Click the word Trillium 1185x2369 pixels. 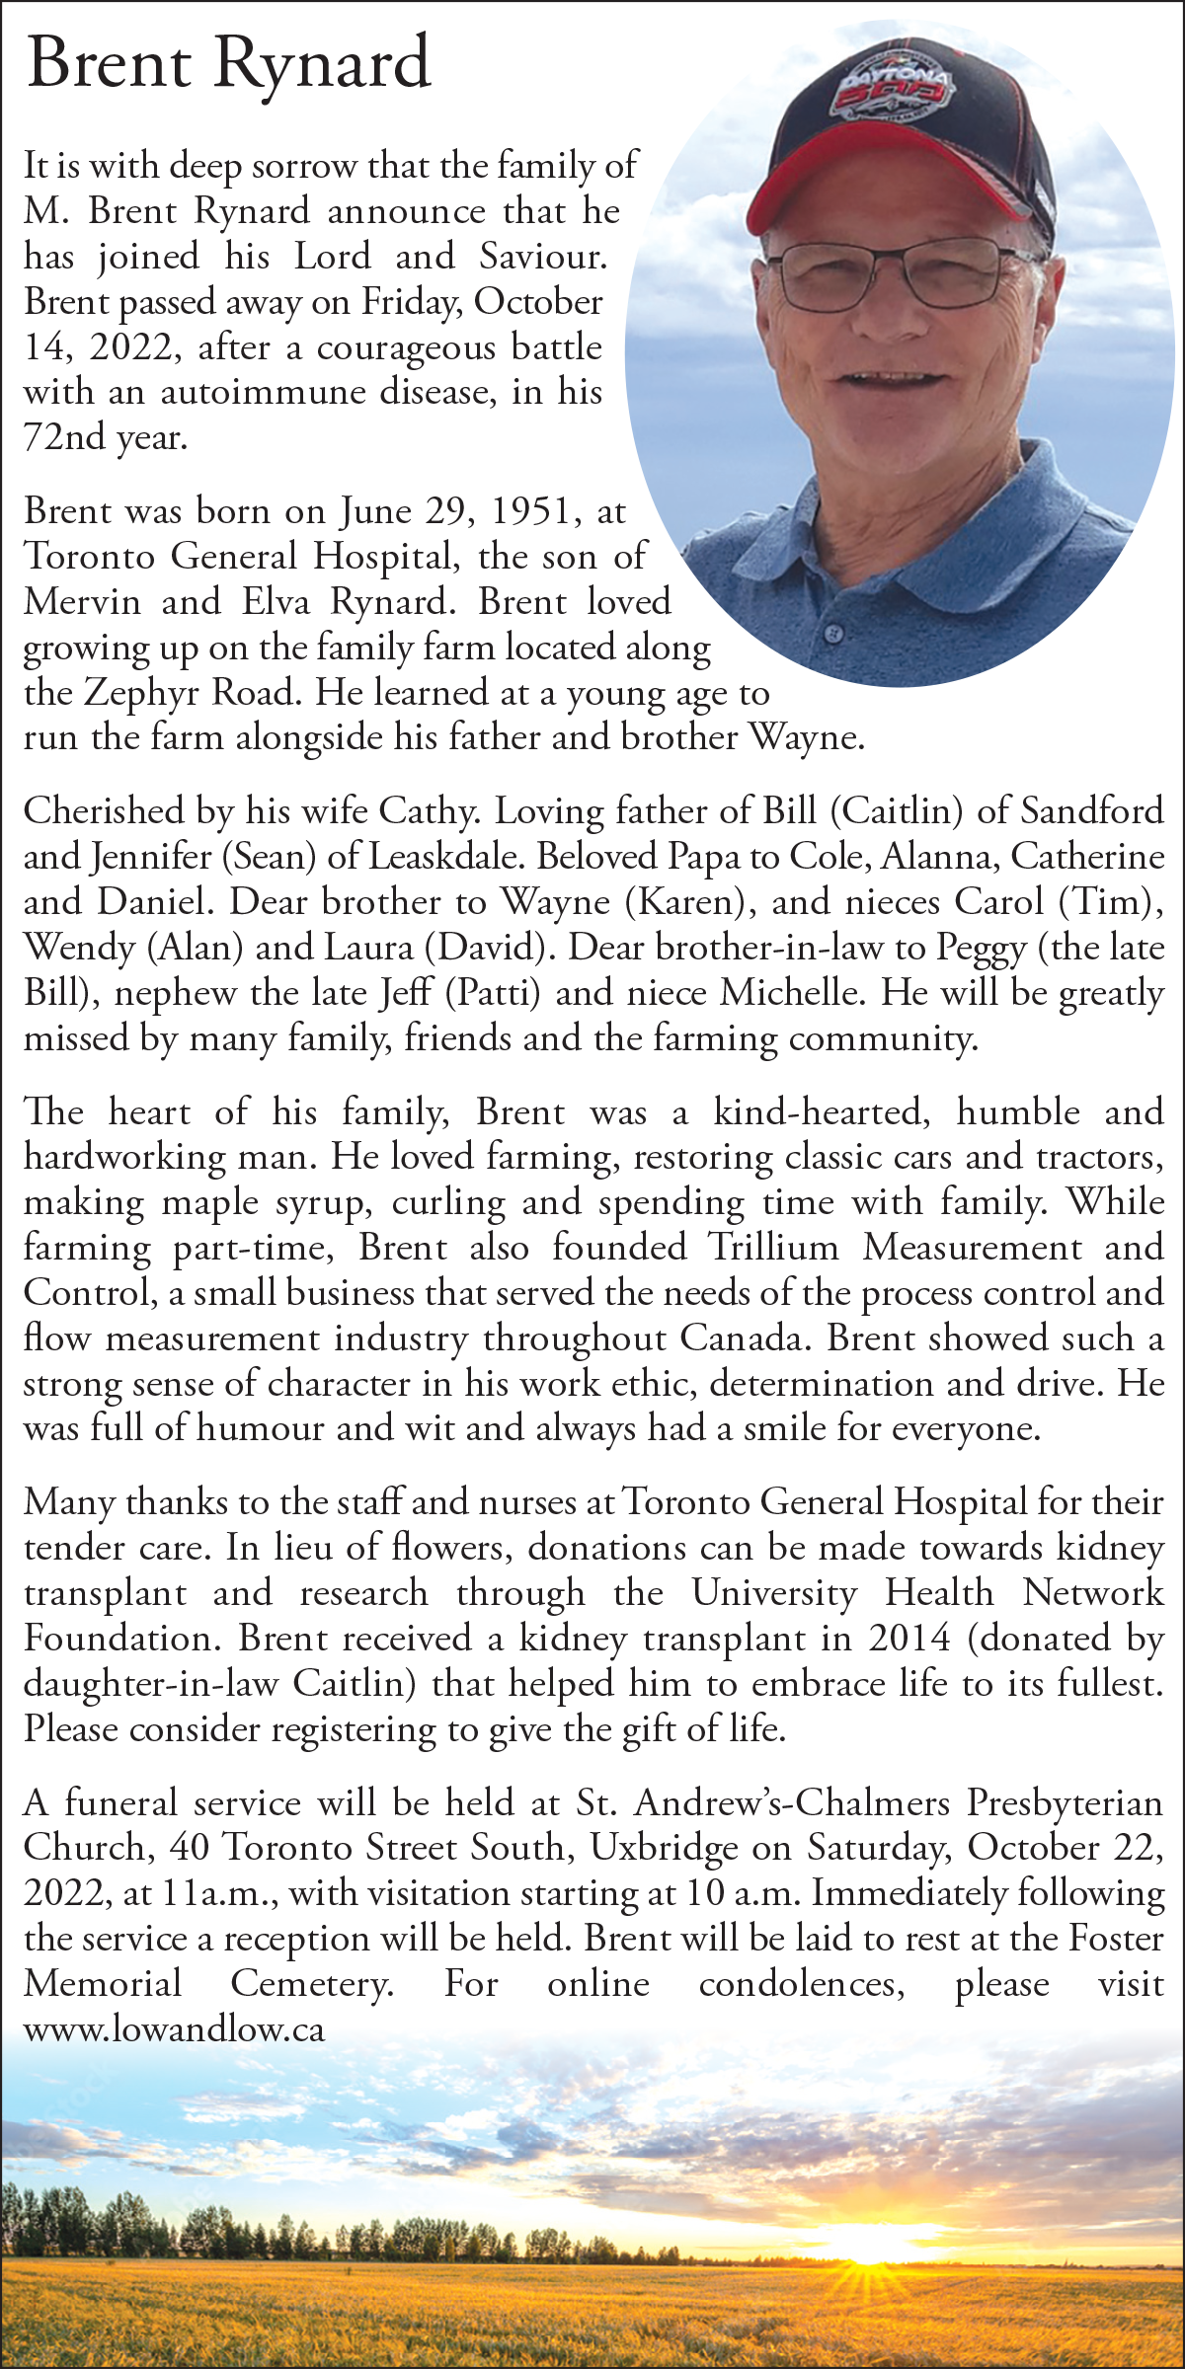(x=772, y=1248)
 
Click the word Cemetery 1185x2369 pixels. (x=311, y=1984)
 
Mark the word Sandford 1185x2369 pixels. (x=1091, y=811)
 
